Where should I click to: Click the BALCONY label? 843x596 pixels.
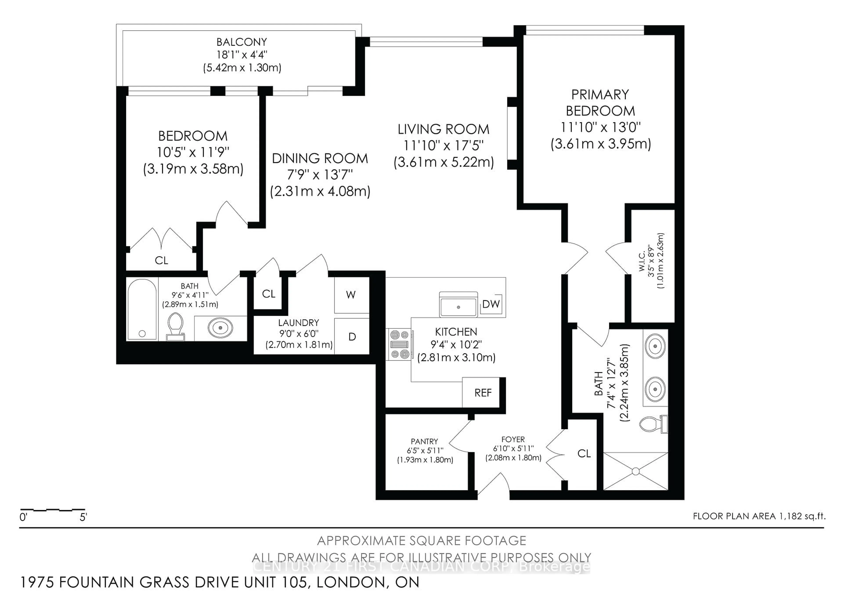(x=241, y=42)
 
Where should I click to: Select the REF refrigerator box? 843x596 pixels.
(x=483, y=393)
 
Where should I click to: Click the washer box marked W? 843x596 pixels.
(x=351, y=295)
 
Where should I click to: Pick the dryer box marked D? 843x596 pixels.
(x=352, y=336)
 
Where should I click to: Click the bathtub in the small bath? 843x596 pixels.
(x=142, y=309)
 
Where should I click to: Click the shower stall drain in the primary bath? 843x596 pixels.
(x=636, y=471)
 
